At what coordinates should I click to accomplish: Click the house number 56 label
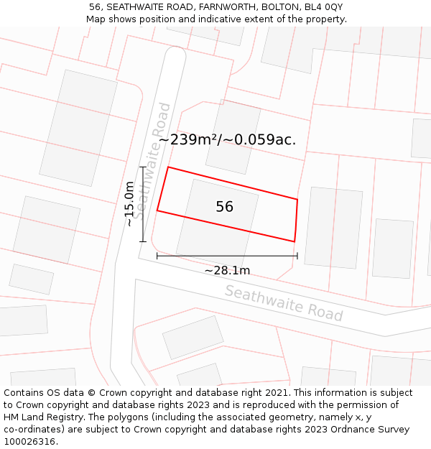click(224, 207)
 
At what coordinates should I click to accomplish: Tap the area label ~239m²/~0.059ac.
click(227, 140)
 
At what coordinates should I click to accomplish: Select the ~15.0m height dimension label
click(130, 204)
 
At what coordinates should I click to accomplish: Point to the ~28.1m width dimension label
click(227, 271)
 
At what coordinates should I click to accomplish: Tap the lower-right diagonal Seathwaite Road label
click(284, 303)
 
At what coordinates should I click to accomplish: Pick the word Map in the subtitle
click(96, 19)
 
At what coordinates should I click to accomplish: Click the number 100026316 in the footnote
click(29, 442)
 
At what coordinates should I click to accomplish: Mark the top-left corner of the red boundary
click(168, 167)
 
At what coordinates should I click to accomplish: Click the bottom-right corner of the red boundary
click(295, 241)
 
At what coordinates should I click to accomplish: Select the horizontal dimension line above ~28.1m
click(227, 255)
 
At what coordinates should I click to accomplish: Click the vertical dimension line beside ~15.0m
click(143, 204)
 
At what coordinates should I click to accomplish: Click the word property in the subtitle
click(325, 19)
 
